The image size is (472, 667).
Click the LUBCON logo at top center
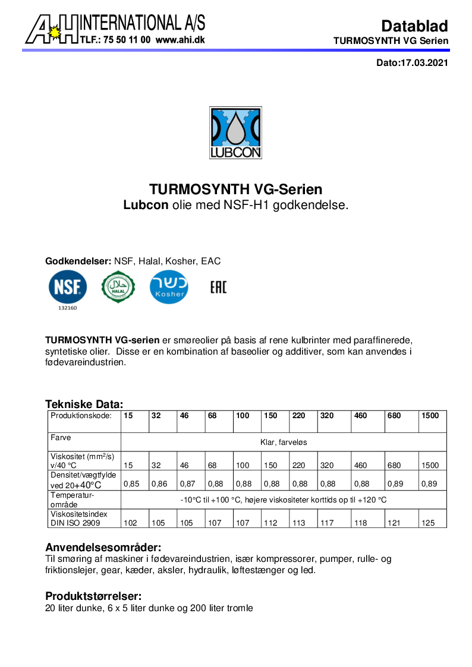[235, 132]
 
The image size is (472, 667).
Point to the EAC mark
[218, 288]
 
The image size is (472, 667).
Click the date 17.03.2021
[423, 62]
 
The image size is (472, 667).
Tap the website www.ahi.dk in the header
[180, 40]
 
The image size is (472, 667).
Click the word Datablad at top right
[414, 26]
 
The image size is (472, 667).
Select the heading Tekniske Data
[84, 404]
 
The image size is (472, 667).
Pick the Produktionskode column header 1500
[430, 416]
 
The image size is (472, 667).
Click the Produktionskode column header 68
[212, 416]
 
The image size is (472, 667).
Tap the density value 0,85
[131, 484]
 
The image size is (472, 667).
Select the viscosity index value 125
[429, 523]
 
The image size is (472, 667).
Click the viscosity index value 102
[130, 523]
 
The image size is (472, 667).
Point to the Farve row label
[61, 438]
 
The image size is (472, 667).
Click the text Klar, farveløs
[284, 442]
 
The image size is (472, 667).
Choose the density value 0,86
[159, 484]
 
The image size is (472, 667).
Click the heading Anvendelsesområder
[103, 547]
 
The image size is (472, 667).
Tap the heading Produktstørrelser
[93, 596]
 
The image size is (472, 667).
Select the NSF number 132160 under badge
[68, 308]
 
